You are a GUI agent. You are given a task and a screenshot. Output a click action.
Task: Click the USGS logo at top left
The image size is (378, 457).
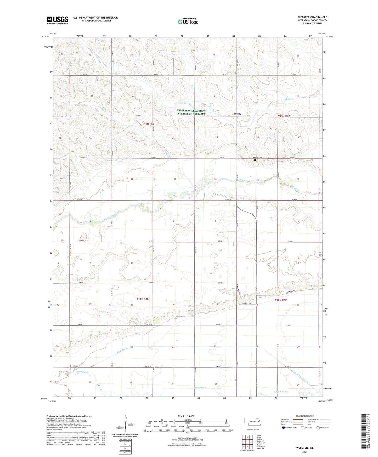(58, 20)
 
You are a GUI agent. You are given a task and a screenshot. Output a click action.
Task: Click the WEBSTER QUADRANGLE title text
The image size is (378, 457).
(312, 17)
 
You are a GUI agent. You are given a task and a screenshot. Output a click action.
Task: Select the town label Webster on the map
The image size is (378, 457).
(236, 114)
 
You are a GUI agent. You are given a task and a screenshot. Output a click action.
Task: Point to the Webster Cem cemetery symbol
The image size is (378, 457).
(255, 160)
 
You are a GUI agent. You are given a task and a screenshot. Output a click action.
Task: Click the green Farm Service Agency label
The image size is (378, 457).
(191, 112)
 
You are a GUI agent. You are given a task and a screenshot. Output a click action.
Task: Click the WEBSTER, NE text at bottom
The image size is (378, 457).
(305, 448)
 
